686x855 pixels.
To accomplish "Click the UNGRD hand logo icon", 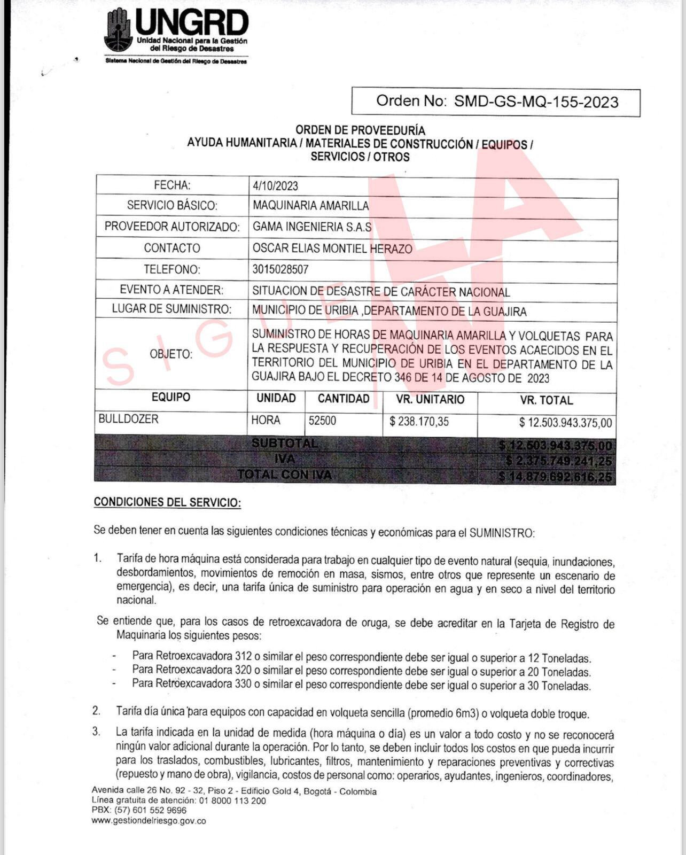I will point(118,30).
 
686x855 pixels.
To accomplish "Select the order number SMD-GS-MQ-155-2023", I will point(536,102).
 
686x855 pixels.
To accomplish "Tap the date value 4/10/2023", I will point(276,186).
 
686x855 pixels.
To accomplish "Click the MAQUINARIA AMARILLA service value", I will point(310,206).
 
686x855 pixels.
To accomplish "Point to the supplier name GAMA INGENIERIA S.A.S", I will point(312,227).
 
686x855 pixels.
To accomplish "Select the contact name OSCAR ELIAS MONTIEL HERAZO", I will point(332,248).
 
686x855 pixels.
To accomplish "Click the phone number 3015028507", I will point(280,269).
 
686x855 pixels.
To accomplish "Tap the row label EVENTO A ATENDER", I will point(171,290).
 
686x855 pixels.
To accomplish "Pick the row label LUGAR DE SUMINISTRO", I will point(171,309).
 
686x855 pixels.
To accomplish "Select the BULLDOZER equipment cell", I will point(129,419).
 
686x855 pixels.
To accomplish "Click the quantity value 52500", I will point(322,421).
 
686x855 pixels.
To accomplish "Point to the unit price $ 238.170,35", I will point(419,422).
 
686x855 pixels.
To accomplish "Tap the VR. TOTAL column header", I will point(546,400).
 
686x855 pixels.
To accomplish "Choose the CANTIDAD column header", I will point(344,399).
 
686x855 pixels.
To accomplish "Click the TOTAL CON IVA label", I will point(284,475).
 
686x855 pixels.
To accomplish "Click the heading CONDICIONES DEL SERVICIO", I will point(167,502).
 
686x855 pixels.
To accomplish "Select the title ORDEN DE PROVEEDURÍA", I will point(360,130).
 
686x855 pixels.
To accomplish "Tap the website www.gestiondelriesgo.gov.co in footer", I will point(149,821).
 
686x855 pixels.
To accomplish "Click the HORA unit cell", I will point(266,421).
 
